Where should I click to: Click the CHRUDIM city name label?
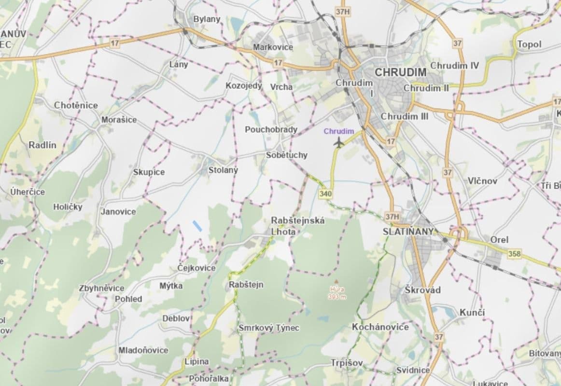(401, 73)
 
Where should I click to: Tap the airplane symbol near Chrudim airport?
(339, 142)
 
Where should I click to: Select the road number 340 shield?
(325, 193)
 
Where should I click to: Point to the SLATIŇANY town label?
(408, 231)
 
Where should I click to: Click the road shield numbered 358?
(515, 253)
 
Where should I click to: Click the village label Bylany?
(206, 19)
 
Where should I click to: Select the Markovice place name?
(273, 47)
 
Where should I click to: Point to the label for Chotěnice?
(76, 105)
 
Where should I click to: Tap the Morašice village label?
(119, 119)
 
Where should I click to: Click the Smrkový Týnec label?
(269, 328)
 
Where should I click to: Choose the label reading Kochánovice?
(380, 327)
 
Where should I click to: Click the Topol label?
(529, 44)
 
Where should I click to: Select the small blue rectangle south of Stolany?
(196, 225)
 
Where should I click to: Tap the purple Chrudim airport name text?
(339, 131)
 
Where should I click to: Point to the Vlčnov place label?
(482, 181)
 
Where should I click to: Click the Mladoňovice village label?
(143, 350)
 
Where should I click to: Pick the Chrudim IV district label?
(454, 65)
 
